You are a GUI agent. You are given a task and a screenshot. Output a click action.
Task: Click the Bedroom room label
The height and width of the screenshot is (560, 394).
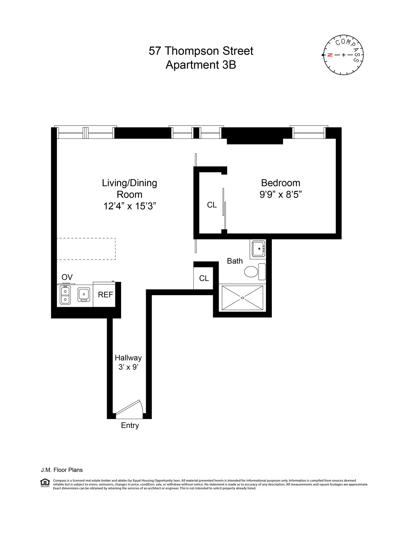(x=280, y=183)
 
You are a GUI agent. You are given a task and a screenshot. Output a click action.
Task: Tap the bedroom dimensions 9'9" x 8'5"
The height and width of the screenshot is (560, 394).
(x=280, y=195)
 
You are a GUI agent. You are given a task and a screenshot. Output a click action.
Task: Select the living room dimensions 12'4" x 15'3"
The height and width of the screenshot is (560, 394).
(x=129, y=206)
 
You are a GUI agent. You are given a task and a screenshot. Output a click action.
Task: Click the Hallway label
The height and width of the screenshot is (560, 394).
(x=128, y=358)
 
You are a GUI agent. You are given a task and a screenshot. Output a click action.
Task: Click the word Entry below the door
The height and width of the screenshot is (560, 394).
(x=130, y=425)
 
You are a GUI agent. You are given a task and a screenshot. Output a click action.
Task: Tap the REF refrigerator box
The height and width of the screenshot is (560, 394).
(x=105, y=295)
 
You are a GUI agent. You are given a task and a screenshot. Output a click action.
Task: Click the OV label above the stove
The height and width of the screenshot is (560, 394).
(x=67, y=277)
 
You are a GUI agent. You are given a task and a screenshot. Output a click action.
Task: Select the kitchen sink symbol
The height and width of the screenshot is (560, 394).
(x=84, y=294)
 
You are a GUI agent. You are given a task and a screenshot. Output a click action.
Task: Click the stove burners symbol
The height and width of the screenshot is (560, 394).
(x=65, y=295)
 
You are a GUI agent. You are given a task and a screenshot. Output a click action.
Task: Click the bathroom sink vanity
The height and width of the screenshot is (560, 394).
(x=258, y=249)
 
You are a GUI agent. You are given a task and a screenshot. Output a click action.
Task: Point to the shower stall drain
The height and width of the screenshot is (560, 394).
(x=243, y=298)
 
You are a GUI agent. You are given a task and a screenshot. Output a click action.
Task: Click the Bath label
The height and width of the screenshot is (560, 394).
(x=235, y=261)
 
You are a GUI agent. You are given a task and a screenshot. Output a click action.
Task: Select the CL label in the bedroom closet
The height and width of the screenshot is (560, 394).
(x=212, y=205)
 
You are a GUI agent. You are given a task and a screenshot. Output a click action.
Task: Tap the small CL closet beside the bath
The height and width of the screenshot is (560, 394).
(x=204, y=278)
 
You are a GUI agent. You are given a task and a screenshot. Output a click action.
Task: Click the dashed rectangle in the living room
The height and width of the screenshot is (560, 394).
(x=86, y=249)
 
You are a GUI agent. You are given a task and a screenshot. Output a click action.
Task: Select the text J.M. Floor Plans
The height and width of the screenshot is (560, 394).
(x=62, y=470)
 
